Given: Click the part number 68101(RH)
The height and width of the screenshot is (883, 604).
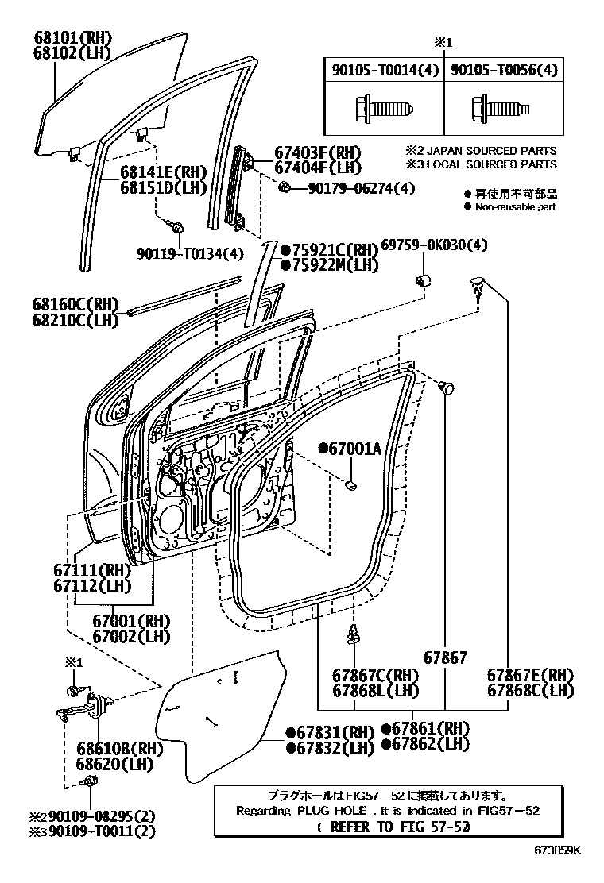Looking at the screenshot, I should tap(72, 37).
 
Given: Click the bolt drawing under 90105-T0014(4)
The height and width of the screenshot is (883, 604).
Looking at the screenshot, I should tap(384, 106).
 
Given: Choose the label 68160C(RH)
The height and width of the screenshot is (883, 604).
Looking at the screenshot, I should tap(75, 304).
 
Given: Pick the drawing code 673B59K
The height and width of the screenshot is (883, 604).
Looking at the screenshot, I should tap(557, 850).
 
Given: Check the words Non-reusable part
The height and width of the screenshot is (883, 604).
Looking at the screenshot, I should tap(515, 206).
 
